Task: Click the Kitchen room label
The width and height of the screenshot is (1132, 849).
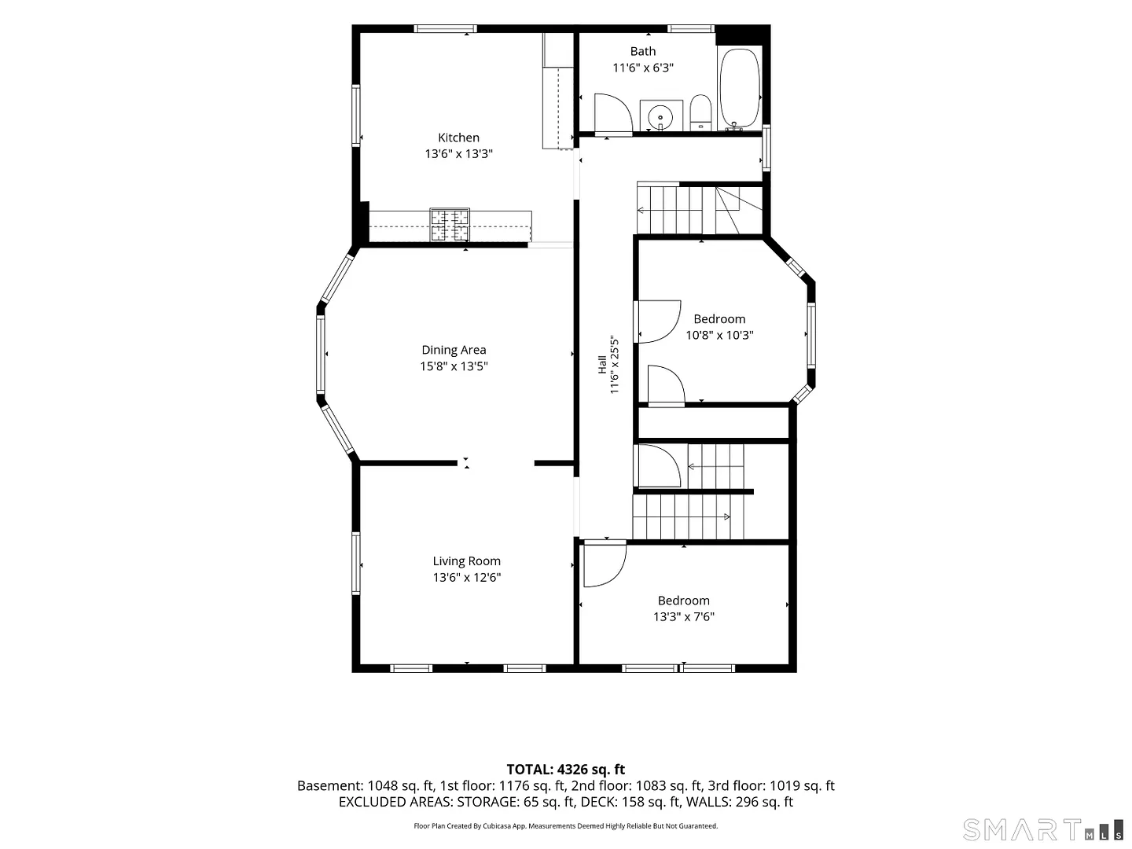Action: pos(458,138)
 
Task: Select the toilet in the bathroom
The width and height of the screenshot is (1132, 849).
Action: pos(700,112)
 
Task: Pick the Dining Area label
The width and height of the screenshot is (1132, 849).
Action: pos(454,350)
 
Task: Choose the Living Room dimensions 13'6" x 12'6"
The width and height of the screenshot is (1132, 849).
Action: pos(467,577)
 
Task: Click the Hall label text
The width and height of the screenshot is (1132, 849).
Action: pos(602,365)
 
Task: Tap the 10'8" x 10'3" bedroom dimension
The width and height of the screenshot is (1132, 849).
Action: pos(719,335)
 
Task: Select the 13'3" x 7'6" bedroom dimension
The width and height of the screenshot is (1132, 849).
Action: pos(684,616)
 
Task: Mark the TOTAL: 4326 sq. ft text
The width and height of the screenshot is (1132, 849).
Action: pos(566,770)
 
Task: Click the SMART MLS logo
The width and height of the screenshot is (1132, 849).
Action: pos(1042,830)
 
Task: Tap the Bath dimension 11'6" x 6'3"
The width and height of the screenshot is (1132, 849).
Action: pos(643,68)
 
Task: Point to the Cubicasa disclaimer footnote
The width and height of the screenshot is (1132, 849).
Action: pos(566,825)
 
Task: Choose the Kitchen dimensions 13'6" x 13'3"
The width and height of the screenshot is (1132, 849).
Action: pos(458,153)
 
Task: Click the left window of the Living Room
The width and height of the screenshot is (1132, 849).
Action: pos(356,563)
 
